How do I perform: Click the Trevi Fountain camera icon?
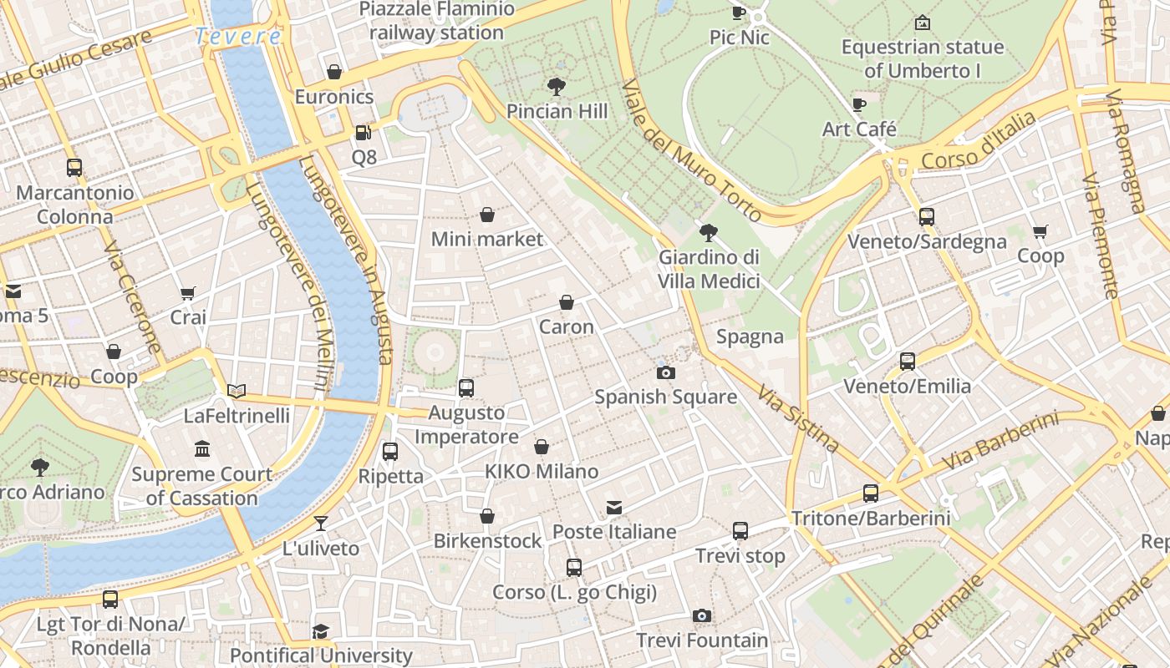coord(702,616)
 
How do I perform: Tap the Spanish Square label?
coord(665,397)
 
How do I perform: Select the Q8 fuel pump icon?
coord(363,133)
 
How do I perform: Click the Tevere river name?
coord(238,37)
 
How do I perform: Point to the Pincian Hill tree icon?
coord(556,86)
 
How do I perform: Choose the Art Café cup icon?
coord(858,104)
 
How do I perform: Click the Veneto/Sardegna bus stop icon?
coord(926,217)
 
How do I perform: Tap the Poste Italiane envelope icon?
coord(614,508)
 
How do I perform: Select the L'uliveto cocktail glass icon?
coord(320,524)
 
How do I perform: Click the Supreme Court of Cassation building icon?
coord(202,450)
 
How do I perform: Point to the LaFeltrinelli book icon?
coord(237,391)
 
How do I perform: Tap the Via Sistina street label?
coord(797,418)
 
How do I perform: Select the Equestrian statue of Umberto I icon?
coord(922,23)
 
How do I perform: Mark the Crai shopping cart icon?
coord(187,293)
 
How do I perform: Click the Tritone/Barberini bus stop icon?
coord(871,493)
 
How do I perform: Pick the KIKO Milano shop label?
coord(542,472)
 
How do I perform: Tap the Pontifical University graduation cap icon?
coord(320,631)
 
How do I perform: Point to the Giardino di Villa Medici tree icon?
coord(709,232)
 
